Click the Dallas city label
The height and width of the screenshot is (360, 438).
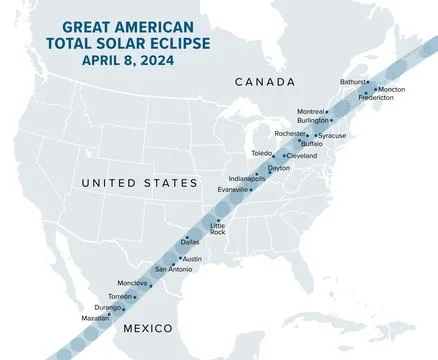pos(190,242)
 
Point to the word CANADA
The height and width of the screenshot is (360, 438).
pos(264,81)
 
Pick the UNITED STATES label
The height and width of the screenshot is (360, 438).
pos(140,183)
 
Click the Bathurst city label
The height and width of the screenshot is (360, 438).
pos(353,82)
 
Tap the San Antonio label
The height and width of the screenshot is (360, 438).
pos(173,269)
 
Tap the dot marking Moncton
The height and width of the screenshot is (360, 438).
pos(376,88)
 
